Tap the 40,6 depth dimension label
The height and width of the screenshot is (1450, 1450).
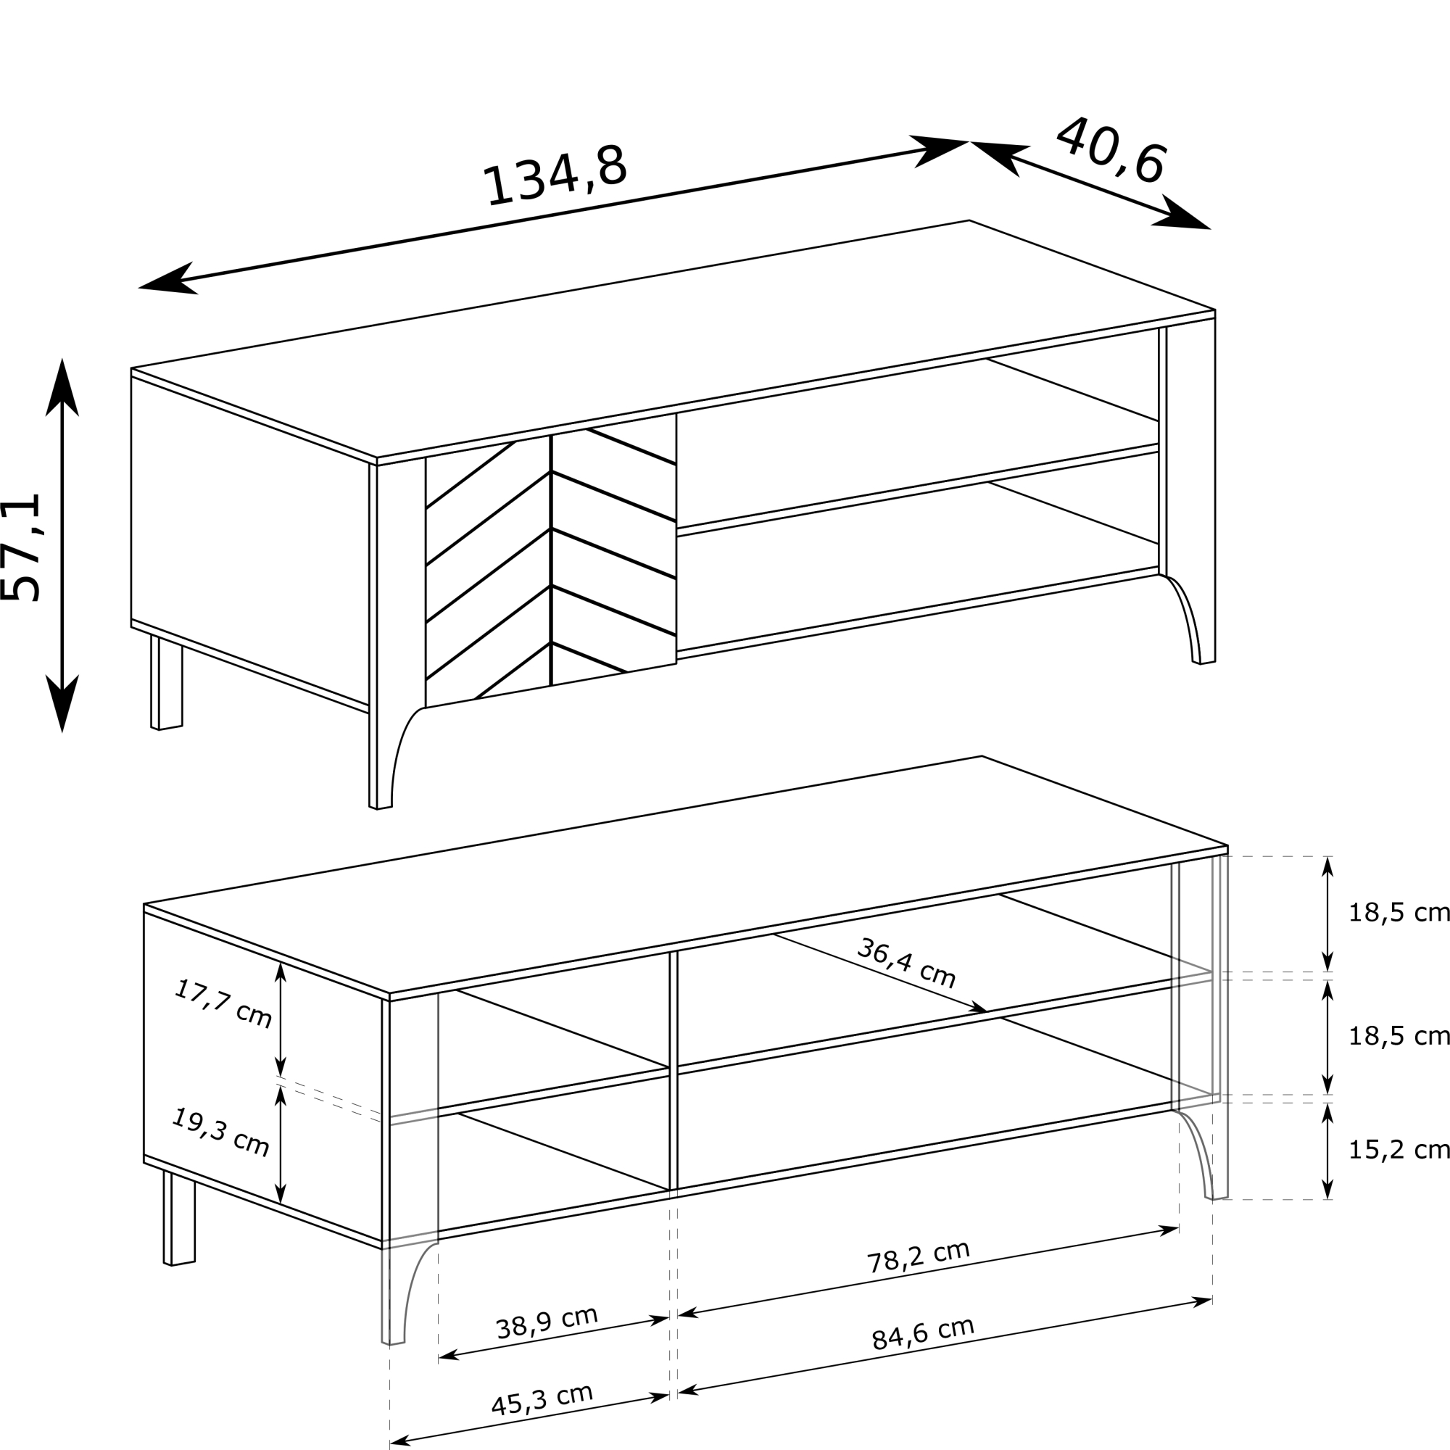pyautogui.click(x=1111, y=150)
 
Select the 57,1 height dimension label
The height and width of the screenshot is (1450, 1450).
pyautogui.click(x=21, y=547)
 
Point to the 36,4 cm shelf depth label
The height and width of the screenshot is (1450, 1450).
pyautogui.click(x=906, y=963)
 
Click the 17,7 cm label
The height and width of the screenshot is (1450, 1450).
pyautogui.click(x=223, y=1003)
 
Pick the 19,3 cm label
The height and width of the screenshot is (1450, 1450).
pyautogui.click(x=220, y=1132)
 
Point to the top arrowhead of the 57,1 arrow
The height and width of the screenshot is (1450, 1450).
pyautogui.click(x=62, y=386)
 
